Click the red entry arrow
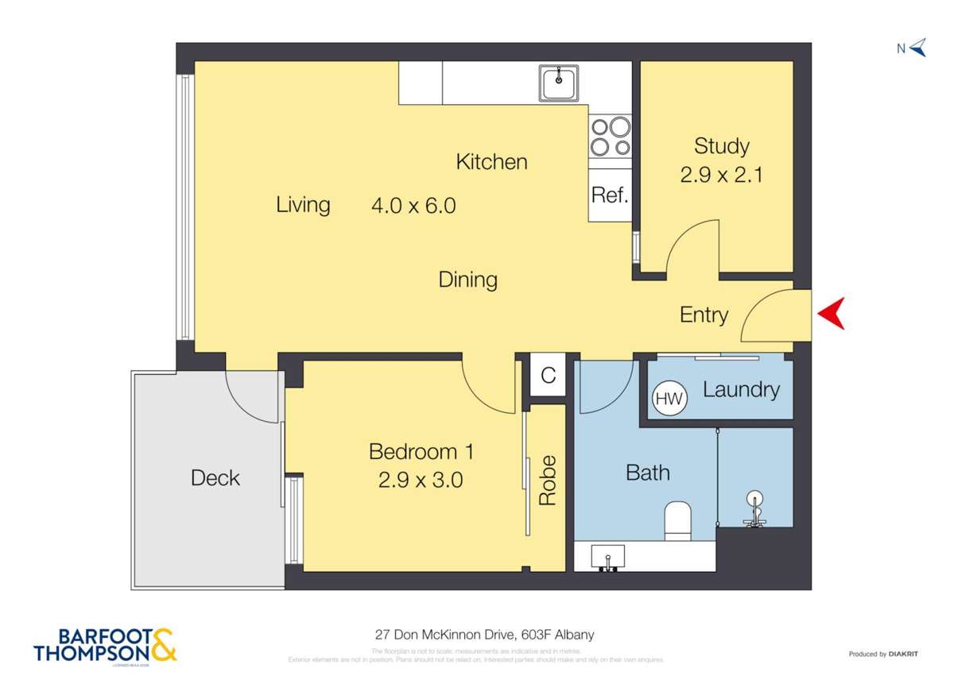coord(830,315)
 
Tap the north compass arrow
coord(918,48)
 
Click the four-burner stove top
coord(611,137)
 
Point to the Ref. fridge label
coord(611,195)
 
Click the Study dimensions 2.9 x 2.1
coord(721,175)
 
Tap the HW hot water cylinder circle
coord(669,400)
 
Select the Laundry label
coord(741,390)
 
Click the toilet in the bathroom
coord(678,519)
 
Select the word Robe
coord(548,481)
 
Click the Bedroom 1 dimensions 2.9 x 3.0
coord(421,480)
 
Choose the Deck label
coord(215,478)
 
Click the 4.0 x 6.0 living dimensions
coord(413,206)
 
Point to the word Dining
coord(468,280)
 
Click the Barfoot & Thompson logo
coord(105,645)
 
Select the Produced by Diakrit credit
coord(883,654)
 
